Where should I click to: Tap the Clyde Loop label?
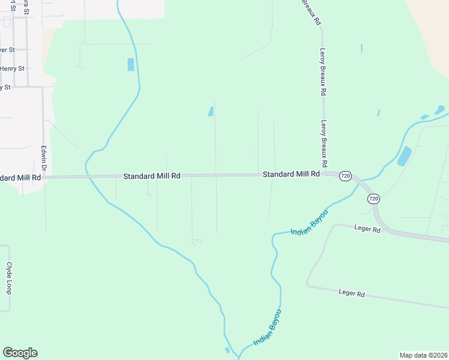(x=9, y=278)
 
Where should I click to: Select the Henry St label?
(x=13, y=68)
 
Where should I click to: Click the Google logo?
(x=20, y=353)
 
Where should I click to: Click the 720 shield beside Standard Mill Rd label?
(x=345, y=176)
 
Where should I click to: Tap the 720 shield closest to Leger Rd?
(x=373, y=198)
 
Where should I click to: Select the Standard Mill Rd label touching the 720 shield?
(x=291, y=174)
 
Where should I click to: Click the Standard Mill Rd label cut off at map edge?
(x=20, y=178)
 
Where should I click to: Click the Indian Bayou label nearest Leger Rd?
(x=309, y=223)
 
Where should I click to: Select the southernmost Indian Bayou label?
(x=267, y=327)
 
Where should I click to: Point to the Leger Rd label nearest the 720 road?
(x=367, y=229)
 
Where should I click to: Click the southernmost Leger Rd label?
(x=352, y=293)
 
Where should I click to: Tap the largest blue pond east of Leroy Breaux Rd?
(x=405, y=156)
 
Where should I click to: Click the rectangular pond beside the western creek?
(x=131, y=64)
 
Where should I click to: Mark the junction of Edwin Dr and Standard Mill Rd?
(x=43, y=177)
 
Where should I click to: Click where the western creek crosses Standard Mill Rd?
(x=87, y=176)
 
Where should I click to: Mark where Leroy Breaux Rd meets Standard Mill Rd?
(x=324, y=173)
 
